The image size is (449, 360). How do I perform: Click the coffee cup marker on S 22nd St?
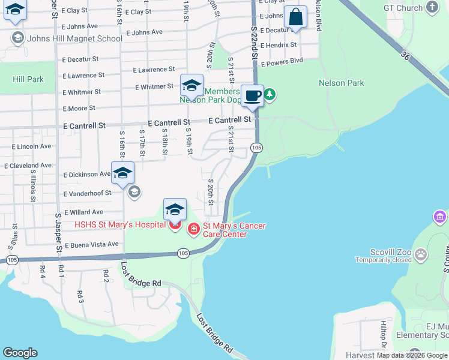tap(253, 95)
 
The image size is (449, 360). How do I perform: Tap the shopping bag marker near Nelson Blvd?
tap(295, 16)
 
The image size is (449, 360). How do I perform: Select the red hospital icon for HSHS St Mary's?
tap(175, 226)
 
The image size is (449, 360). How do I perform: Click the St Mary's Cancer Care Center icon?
tap(194, 229)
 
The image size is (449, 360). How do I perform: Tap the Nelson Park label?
tap(342, 83)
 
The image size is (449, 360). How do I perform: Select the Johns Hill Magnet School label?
tap(74, 38)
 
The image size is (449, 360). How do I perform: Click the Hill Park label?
tap(28, 79)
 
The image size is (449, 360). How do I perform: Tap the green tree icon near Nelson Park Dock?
tap(270, 94)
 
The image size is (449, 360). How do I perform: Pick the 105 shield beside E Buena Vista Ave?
tap(11, 260)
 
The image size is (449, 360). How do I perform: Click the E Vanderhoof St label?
tap(87, 193)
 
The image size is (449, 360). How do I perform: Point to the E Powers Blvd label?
tap(280, 61)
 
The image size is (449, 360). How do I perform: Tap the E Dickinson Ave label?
tap(88, 175)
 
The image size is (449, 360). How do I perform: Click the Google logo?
tap(20, 353)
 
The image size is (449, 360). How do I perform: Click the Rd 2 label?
tap(106, 275)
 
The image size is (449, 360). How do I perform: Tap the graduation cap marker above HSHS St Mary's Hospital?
tap(175, 209)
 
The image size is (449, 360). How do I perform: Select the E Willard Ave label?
tap(83, 212)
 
